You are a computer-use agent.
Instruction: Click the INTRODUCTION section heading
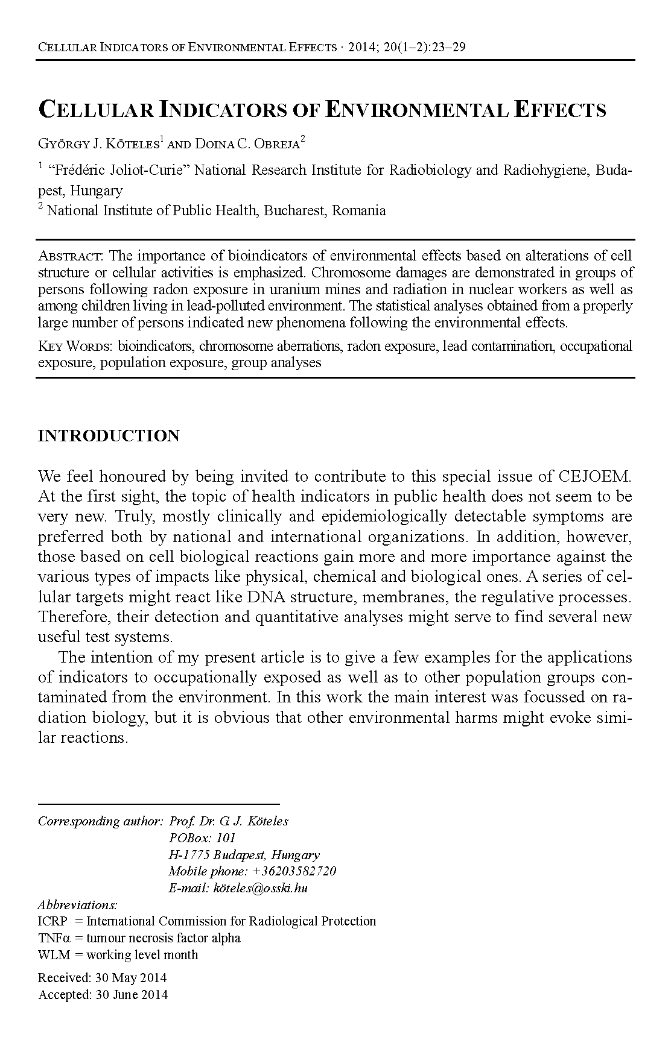tap(109, 436)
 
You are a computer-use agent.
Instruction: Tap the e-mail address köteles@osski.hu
tap(260, 888)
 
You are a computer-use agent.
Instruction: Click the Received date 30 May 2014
tap(130, 978)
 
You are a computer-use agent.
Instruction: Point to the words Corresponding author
tap(100, 821)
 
